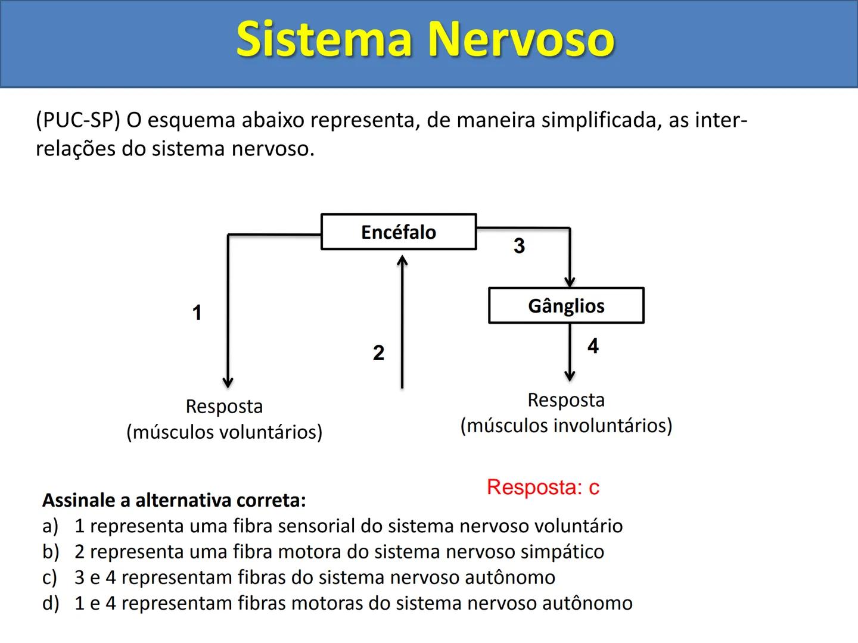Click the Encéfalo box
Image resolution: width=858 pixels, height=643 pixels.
click(x=399, y=232)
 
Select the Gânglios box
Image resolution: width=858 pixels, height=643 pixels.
click(x=566, y=305)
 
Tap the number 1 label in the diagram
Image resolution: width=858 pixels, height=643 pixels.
click(x=197, y=313)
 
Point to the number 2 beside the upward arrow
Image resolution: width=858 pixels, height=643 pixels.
click(x=378, y=353)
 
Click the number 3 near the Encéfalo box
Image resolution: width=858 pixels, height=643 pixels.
click(x=519, y=246)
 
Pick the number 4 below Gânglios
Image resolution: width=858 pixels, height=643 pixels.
click(x=593, y=346)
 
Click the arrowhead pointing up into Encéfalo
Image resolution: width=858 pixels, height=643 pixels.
click(x=403, y=261)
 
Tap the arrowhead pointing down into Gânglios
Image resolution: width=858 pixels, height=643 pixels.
click(x=570, y=282)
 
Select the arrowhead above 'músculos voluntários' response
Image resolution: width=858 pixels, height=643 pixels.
click(x=228, y=382)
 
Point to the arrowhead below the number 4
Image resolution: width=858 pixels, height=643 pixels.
click(x=570, y=376)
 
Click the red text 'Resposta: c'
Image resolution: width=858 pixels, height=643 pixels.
click(x=543, y=487)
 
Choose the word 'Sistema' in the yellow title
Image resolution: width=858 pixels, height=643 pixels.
click(x=325, y=39)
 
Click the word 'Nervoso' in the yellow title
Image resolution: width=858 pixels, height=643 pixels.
click(x=521, y=39)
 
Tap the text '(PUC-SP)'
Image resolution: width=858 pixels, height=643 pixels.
click(x=77, y=120)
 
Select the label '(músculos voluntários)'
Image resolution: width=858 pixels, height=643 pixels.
click(x=224, y=432)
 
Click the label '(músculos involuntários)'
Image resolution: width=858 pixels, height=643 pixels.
click(x=566, y=426)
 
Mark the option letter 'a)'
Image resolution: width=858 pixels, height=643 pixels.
click(x=50, y=526)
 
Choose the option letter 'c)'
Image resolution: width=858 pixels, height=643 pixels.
click(x=50, y=578)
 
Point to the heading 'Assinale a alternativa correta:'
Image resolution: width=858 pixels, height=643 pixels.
click(x=174, y=500)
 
